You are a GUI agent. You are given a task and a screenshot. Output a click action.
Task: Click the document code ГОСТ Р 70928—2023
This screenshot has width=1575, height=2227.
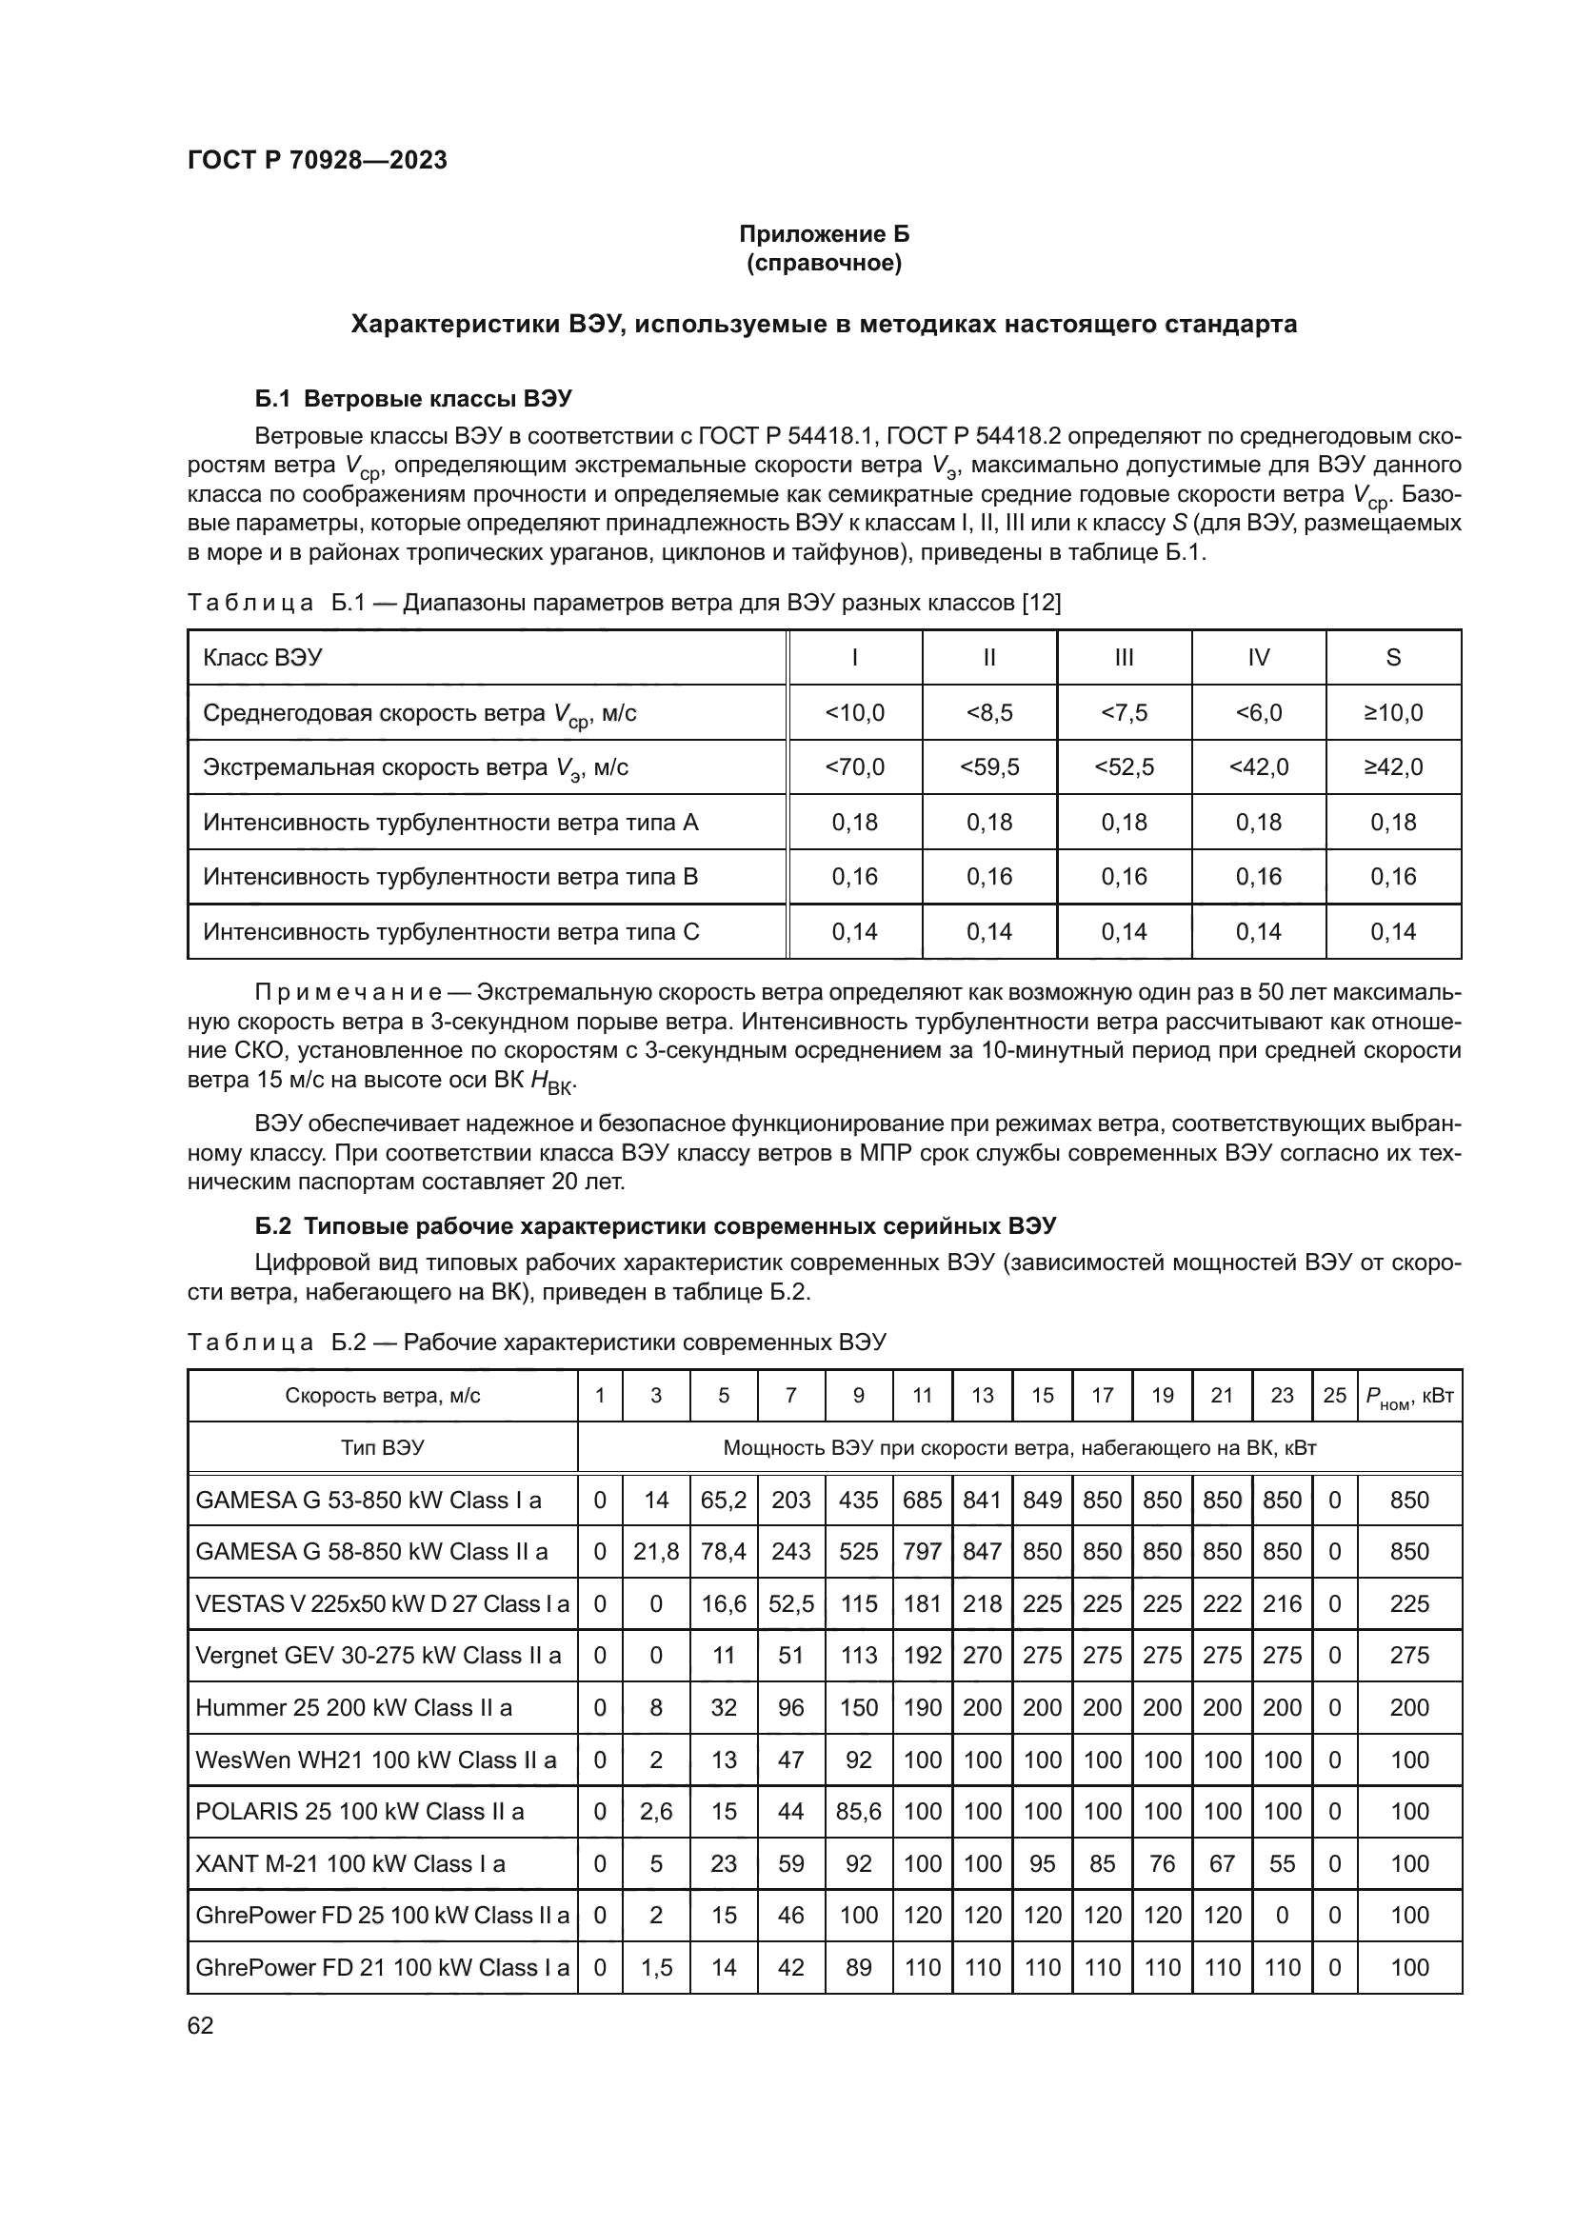(317, 160)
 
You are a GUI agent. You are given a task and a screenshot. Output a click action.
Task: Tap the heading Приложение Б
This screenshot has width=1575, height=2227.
(824, 234)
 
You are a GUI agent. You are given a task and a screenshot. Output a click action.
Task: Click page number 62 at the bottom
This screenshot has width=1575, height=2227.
(200, 2025)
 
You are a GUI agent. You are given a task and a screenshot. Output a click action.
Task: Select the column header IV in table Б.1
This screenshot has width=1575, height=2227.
(1258, 658)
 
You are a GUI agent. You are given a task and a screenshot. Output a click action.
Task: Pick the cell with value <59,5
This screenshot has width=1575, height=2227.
(989, 767)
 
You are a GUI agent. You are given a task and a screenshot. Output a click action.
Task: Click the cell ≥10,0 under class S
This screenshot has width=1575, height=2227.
(1393, 713)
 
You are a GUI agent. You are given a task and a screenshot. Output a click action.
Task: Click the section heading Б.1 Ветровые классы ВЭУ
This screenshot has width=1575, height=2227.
(413, 399)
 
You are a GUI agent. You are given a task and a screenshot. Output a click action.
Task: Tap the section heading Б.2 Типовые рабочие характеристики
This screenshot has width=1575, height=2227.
(654, 1226)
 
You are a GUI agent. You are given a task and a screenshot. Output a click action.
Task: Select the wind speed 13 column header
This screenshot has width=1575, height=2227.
(983, 1395)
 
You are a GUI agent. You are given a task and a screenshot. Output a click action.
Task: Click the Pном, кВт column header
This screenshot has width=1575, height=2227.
(1409, 1396)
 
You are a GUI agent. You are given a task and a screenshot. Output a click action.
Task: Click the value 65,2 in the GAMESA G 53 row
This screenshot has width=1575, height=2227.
(724, 1501)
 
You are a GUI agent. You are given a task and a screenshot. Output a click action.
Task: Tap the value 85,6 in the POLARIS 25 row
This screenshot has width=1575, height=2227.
(858, 1811)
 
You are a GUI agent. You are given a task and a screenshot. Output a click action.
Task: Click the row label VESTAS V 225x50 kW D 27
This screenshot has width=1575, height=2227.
(382, 1603)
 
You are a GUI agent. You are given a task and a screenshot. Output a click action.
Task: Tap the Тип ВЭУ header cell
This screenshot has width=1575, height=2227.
(382, 1448)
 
